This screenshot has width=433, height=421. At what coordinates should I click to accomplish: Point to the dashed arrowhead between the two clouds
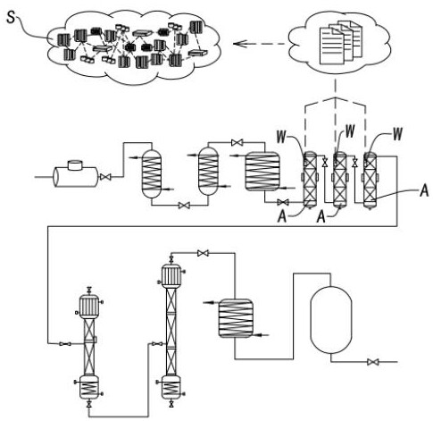pos(238,45)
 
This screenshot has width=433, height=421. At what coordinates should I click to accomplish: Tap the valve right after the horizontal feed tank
pos(104,177)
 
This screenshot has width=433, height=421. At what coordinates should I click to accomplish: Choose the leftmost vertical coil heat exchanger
pos(152,173)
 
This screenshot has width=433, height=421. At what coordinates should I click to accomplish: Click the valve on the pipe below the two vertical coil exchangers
pos(184,206)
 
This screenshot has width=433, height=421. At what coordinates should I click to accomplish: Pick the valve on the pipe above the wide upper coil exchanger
pos(237,143)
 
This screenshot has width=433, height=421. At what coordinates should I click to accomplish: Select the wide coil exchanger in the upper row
pos(262,171)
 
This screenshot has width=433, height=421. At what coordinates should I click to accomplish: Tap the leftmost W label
pos(281,137)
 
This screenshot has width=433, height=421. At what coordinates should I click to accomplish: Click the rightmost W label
pos(397,134)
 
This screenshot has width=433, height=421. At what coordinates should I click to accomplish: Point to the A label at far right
pos(424,190)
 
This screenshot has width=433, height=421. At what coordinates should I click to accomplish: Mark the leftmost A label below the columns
pos(282,216)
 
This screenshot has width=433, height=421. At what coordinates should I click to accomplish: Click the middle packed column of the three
pos(339,180)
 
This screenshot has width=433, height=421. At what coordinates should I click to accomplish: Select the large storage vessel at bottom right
pos(331,320)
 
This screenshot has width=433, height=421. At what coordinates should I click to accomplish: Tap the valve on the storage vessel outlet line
pos(372,362)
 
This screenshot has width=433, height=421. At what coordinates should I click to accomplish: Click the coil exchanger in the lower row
pos(236,318)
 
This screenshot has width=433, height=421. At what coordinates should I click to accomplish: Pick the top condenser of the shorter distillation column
pos(88,306)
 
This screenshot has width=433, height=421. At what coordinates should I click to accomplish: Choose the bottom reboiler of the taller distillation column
pos(171,387)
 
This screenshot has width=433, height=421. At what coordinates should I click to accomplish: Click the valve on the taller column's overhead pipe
pos(203,253)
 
